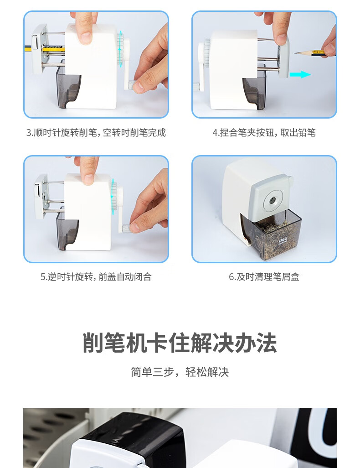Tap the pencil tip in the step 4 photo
(297, 52)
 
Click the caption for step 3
(96, 133)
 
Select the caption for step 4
(264, 133)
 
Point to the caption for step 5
(96, 277)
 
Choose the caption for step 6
(264, 277)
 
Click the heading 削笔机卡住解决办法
(180, 343)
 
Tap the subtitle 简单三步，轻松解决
(180, 372)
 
